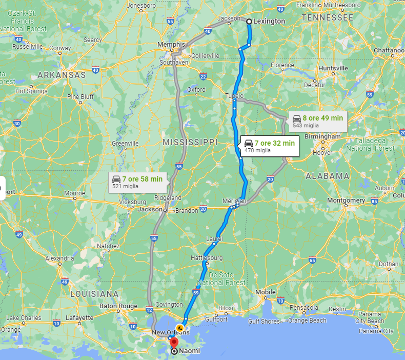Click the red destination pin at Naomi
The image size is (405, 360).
pos(174,343)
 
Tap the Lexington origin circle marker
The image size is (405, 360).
pos(249,22)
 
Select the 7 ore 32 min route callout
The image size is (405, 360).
pos(269,146)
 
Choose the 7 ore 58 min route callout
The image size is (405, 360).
pos(137,182)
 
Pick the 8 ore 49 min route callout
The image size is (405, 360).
pos(317,121)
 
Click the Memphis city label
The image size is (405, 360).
pos(171,45)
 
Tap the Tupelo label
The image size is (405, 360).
pos(234,96)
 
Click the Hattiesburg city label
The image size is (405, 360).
pos(207,257)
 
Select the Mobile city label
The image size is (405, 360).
pos(266,292)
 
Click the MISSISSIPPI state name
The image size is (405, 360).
pos(190,142)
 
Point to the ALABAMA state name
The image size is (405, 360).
pos(327,176)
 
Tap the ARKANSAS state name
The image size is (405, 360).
pos(61,75)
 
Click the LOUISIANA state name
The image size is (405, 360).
pos(94,294)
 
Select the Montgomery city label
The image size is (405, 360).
pos(346,200)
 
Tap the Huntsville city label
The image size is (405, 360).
pos(333,68)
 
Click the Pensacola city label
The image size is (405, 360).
pos(303,307)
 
